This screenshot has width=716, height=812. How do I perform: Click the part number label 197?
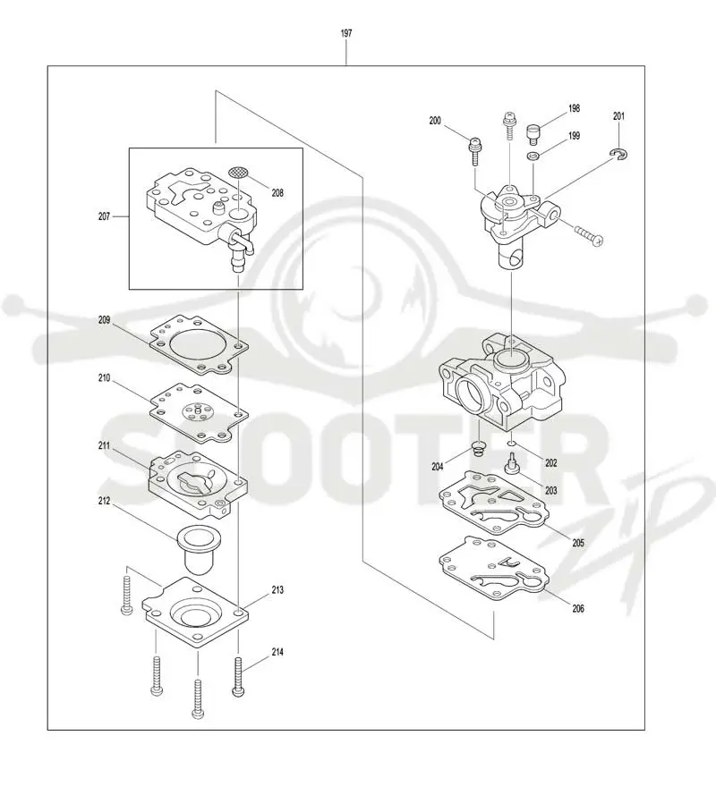346,33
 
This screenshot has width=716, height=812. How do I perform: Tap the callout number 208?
277,192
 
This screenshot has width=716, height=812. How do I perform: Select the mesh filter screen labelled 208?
238,172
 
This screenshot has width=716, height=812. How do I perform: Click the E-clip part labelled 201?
619,154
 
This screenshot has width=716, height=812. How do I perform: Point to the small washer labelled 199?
533,156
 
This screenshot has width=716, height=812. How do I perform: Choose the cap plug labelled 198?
533,134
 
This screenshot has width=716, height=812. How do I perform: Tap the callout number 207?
104,216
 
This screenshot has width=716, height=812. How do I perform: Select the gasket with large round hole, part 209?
200,345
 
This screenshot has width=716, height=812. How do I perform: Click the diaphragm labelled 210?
200,413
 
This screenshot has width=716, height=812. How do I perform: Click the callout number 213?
277,590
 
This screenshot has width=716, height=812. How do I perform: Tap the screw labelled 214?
238,676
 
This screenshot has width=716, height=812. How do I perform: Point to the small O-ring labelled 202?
511,444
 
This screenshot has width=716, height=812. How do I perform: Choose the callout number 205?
578,543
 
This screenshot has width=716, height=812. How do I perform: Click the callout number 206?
578,608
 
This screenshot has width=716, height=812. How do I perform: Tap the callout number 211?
104,445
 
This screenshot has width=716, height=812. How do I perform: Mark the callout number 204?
438,467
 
